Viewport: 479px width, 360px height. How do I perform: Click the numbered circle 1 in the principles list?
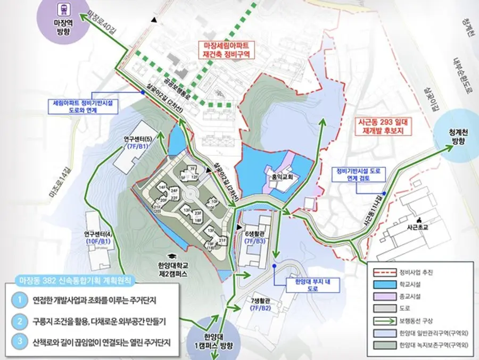[19, 300]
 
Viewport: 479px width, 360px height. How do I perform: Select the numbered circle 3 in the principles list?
[19, 342]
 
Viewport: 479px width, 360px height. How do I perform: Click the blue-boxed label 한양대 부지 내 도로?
[305, 286]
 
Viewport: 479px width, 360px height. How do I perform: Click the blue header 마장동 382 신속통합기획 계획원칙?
[75, 279]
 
